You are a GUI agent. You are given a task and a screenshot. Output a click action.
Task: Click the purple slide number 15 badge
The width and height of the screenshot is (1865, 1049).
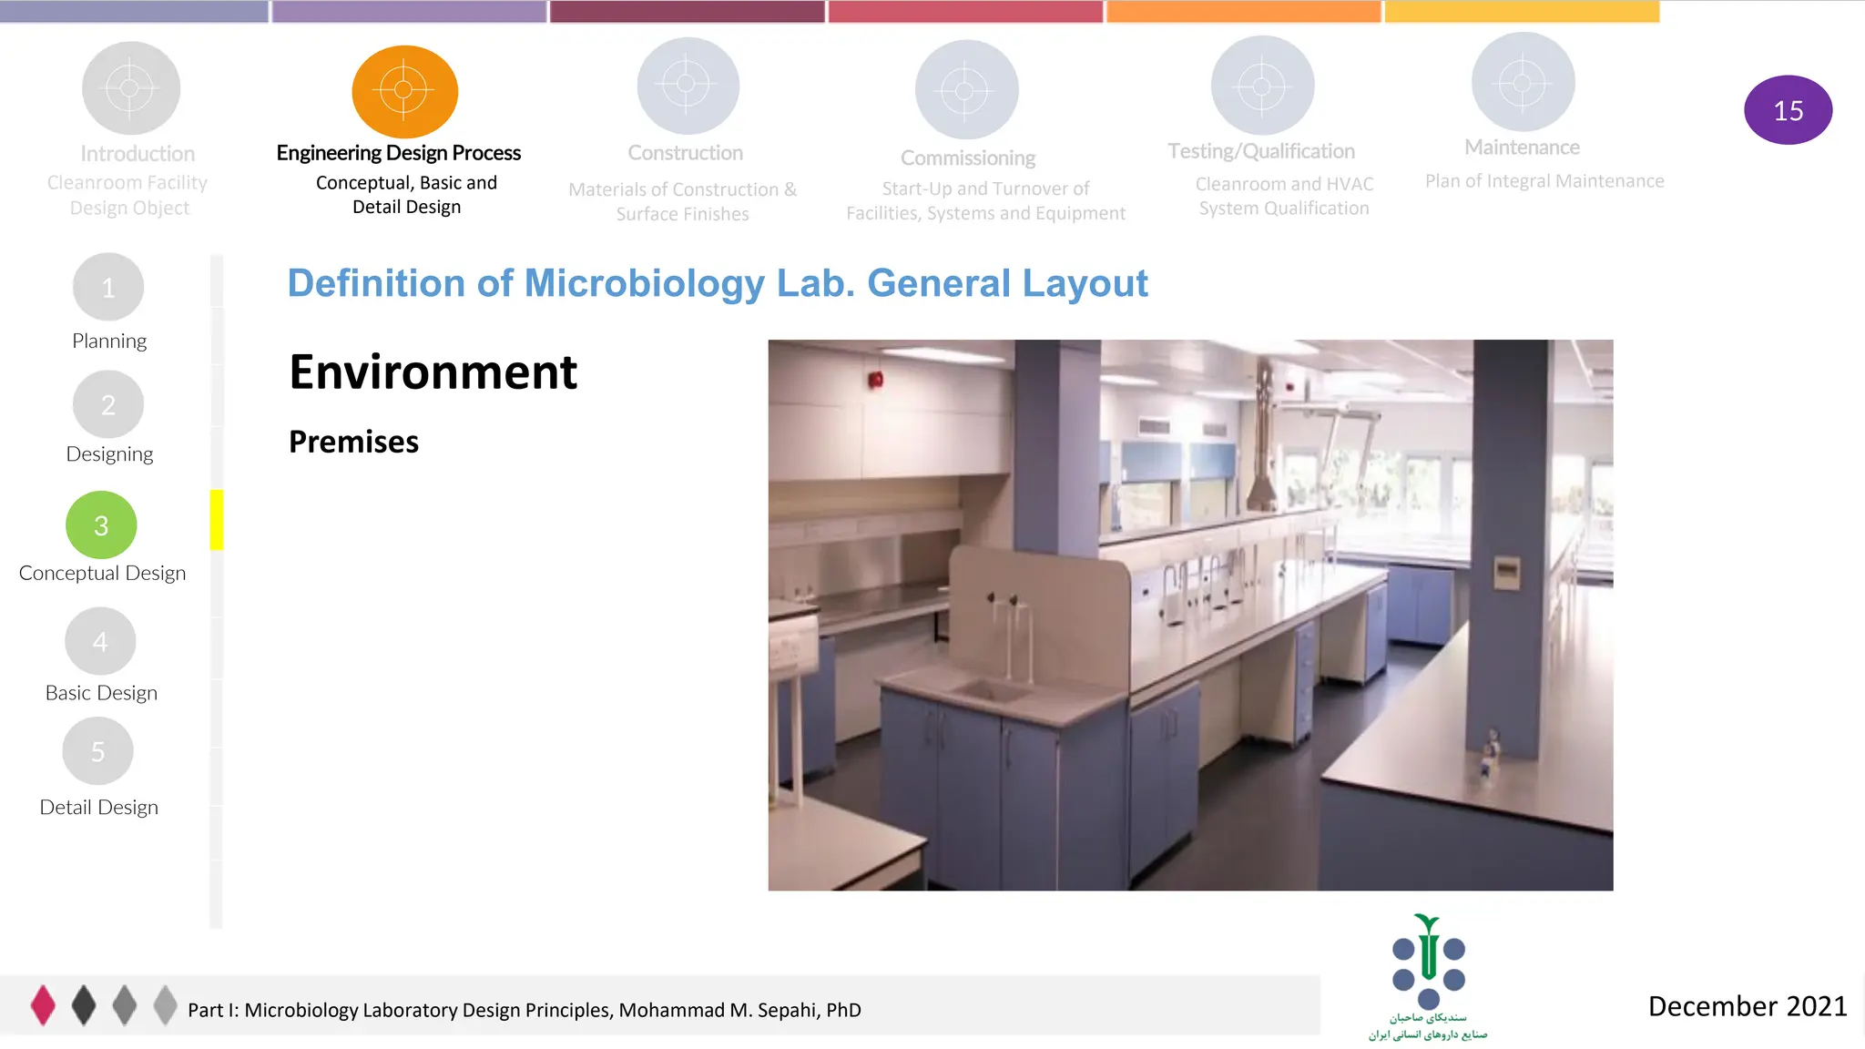click(1788, 110)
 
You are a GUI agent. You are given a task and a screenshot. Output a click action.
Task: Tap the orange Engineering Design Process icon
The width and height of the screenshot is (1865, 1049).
click(404, 90)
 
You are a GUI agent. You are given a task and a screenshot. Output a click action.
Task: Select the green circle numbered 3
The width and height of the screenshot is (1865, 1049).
click(101, 525)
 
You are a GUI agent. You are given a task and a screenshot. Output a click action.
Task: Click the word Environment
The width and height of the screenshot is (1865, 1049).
click(433, 372)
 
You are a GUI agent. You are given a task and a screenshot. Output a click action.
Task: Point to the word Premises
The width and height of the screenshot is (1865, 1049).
click(353, 442)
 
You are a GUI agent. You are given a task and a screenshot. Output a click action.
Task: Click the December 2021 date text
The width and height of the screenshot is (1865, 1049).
click(1747, 1006)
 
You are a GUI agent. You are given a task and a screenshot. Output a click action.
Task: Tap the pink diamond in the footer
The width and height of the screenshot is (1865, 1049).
click(43, 1005)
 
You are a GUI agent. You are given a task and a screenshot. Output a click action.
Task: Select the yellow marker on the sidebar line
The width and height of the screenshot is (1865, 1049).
click(217, 520)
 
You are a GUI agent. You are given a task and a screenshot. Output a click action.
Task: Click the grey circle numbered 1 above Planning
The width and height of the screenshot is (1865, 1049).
click(108, 288)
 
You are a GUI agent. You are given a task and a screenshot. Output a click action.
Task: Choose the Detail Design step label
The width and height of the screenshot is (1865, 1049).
click(99, 808)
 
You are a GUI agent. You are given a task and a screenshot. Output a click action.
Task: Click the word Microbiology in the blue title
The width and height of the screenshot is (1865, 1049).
click(645, 283)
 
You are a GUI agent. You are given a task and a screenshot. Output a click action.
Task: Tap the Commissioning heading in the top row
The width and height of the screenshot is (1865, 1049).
click(968, 158)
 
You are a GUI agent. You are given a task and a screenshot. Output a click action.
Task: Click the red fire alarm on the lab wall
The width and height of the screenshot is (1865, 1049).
click(876, 380)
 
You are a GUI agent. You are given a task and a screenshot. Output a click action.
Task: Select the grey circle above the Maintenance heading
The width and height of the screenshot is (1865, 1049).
click(1523, 83)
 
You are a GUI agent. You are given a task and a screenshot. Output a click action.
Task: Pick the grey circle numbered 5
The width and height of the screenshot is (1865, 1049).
click(97, 751)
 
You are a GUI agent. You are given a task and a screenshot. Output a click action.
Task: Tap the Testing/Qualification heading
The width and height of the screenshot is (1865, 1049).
click(1261, 151)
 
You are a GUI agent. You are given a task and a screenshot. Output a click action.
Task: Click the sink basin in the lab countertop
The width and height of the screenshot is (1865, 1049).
click(993, 689)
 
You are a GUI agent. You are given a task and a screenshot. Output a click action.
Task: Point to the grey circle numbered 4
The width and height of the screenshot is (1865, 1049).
click(100, 641)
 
